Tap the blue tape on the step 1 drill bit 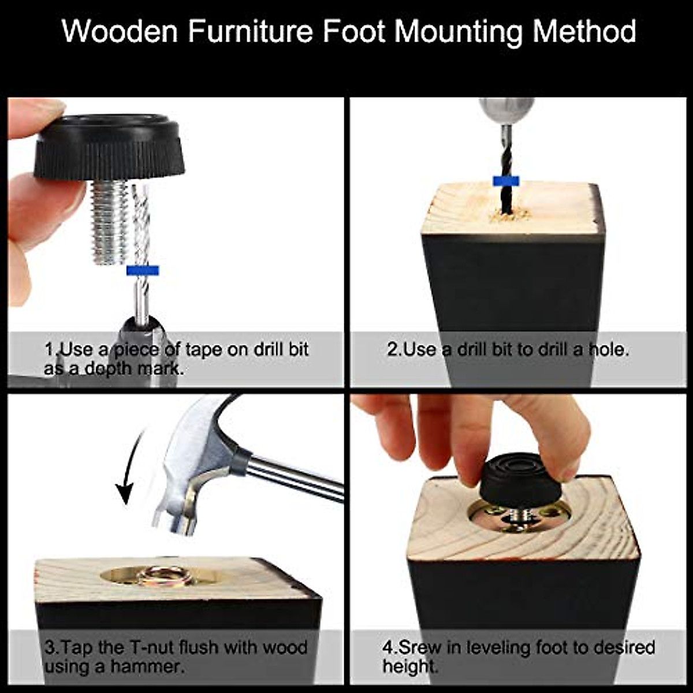[x=142, y=270]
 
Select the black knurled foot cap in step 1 [x=109, y=148]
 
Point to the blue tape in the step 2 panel [x=506, y=181]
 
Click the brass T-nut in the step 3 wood [x=163, y=575]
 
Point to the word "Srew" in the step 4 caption [x=419, y=647]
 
